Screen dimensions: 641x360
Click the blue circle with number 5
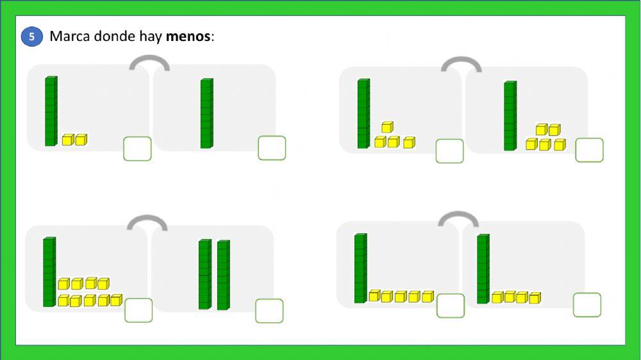coord(32,37)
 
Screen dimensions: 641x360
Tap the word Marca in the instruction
coord(70,37)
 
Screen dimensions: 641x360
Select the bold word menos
coord(188,37)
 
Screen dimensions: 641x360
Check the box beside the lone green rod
coord(272,148)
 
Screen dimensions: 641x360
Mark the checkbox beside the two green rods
coord(269,311)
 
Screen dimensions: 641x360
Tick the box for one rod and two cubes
coord(137,149)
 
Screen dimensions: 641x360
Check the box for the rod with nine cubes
coord(138,310)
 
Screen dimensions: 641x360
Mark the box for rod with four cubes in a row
coord(587,305)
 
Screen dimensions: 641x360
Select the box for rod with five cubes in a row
coord(451,306)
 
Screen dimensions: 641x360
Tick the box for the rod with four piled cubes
coord(450,151)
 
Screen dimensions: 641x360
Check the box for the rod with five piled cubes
coord(590,150)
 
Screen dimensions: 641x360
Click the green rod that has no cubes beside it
coord(207,113)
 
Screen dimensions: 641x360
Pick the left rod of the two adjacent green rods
coord(205,275)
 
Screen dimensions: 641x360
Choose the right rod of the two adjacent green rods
coord(224,275)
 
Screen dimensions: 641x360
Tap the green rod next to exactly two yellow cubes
coord(51,111)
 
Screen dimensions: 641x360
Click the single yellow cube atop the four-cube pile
coord(388,127)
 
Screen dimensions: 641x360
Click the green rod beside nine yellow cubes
coord(49,272)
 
